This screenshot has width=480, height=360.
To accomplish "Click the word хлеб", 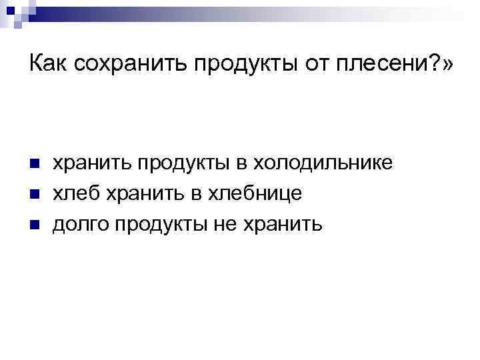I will [x=75, y=193].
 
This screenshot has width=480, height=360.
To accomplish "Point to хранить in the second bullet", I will [x=139, y=193].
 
